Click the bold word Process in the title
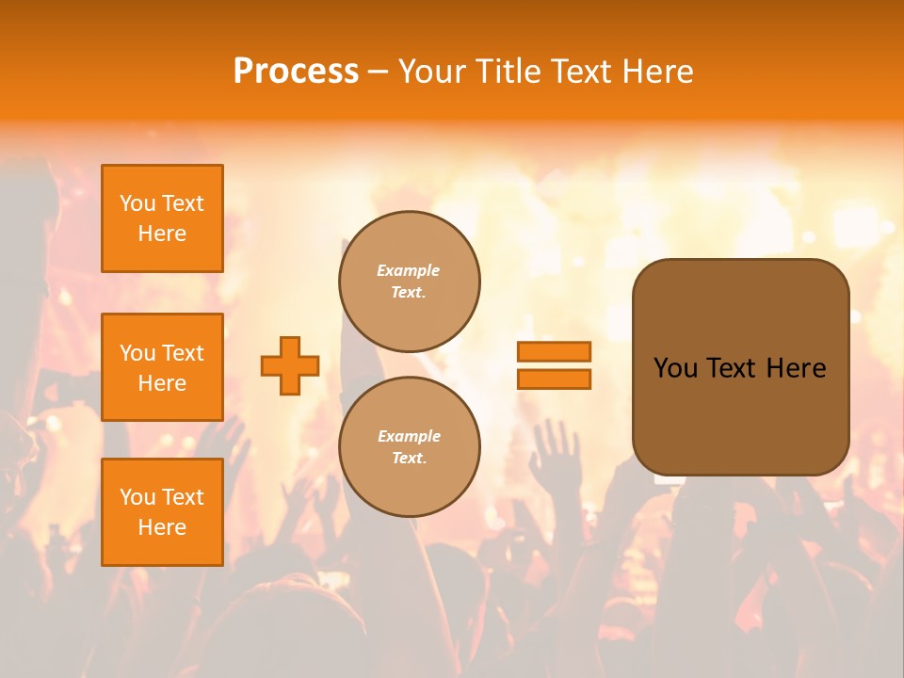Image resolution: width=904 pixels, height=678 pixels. pos(296,71)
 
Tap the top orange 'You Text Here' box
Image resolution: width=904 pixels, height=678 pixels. pos(162,218)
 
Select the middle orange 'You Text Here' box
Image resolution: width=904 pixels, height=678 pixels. pos(162,367)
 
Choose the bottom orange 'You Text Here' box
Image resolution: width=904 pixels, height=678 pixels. pos(162,512)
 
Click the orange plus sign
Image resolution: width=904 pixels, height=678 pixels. pos(290,365)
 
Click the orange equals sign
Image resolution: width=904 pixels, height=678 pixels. pos(554,365)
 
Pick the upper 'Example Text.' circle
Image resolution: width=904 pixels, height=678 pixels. pos(410,281)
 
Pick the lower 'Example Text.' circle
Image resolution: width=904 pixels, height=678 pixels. pos(410,446)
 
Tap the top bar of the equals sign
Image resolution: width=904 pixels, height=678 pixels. pos(554,351)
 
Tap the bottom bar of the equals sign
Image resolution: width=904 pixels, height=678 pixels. pos(554,379)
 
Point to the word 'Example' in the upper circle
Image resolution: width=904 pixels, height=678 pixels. pos(409,270)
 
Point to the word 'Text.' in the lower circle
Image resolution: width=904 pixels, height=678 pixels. pos(409,458)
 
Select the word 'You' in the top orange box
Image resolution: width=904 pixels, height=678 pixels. pos(137,203)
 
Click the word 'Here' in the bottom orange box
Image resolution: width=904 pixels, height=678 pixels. pos(162,527)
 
